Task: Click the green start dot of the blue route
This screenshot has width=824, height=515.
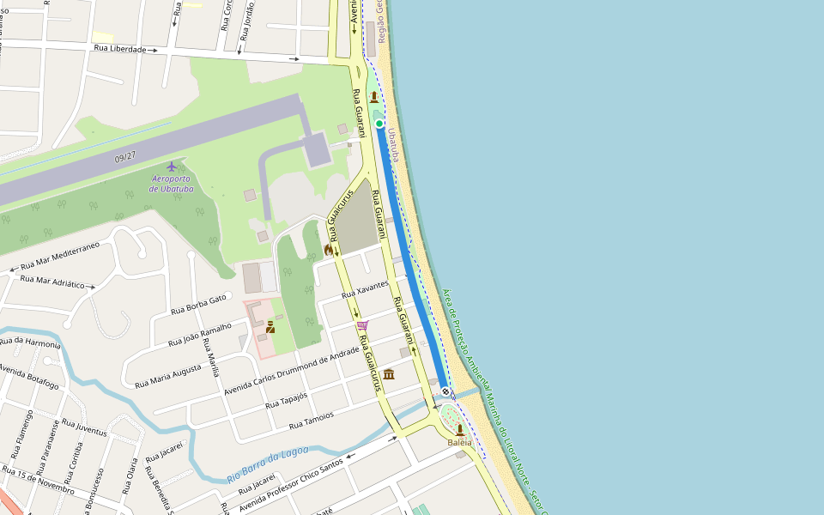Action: (379, 124)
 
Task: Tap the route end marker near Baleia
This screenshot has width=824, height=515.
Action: (445, 391)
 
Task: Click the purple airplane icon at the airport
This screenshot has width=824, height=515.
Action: (173, 166)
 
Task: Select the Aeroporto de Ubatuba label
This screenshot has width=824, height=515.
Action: (172, 184)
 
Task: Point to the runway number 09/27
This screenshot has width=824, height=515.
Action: (125, 157)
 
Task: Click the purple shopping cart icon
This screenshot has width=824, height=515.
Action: (362, 325)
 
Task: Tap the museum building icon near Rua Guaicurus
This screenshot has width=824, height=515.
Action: (389, 374)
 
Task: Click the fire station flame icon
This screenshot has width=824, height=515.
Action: (328, 249)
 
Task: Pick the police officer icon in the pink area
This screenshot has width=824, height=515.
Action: (270, 326)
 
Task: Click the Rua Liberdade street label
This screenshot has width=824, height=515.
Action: (120, 49)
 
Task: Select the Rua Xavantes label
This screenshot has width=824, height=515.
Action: (366, 289)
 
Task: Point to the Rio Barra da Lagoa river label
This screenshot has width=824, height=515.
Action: (267, 463)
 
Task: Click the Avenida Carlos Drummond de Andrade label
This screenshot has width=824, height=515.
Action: (291, 372)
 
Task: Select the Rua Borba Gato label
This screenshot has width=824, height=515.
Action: (198, 303)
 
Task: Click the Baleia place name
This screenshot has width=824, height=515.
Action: (460, 443)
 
